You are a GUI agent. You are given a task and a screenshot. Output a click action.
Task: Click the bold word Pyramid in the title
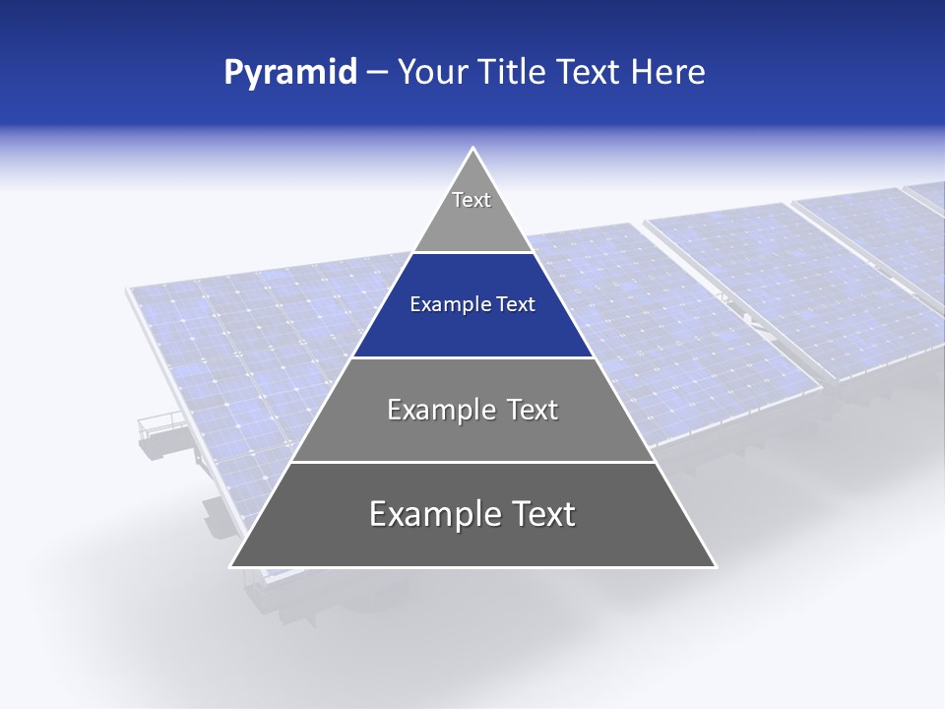coord(289,73)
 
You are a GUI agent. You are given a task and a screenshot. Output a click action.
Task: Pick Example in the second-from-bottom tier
coord(440,410)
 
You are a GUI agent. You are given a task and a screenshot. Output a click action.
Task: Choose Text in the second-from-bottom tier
coord(532,410)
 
